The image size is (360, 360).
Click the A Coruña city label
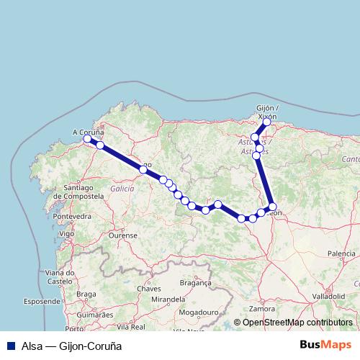89,132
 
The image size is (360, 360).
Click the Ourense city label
122,235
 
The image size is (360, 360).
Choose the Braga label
86,294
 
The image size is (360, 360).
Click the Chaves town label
148,288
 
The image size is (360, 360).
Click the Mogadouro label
199,312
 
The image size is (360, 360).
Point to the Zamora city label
262,308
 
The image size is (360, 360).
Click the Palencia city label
341,253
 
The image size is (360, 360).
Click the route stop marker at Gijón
266,122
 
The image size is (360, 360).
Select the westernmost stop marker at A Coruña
88,139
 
